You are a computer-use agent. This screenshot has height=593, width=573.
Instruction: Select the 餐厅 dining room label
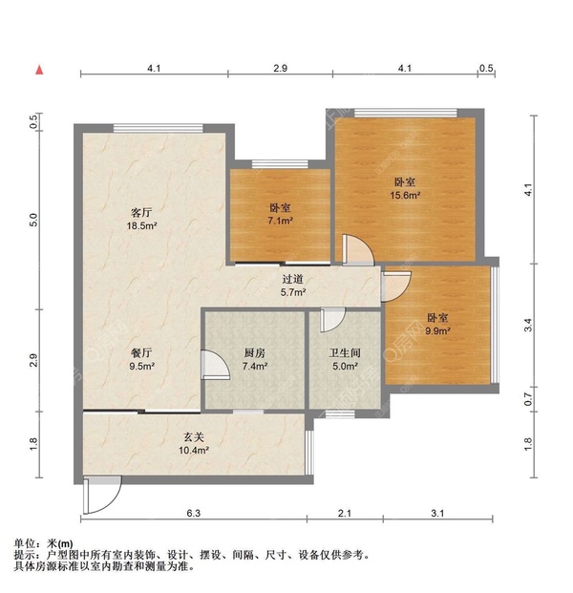click(141, 351)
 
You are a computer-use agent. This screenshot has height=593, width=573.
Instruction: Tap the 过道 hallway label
click(292, 280)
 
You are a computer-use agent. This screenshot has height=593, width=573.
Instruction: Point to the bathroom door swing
click(331, 323)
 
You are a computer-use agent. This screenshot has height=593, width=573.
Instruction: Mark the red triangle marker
click(39, 70)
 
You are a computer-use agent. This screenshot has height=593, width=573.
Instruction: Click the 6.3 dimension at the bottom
click(193, 515)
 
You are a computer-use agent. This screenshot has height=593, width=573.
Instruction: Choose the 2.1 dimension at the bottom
click(344, 515)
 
